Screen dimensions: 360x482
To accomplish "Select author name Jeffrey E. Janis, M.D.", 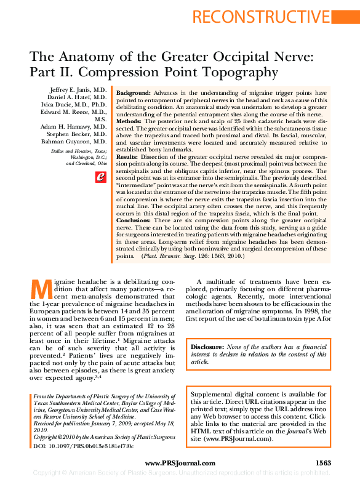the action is pos(78,90).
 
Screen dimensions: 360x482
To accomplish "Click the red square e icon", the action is pos(101,177).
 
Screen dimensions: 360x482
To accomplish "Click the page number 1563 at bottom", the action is pos(323,463).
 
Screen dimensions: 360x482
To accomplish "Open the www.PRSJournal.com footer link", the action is pos(180,463).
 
